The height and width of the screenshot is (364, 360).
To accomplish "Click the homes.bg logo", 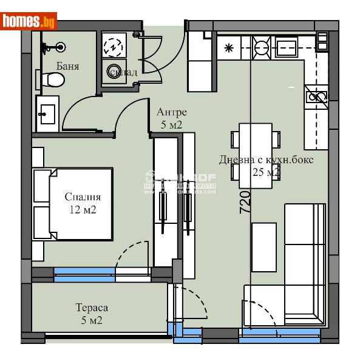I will click(x=29, y=21).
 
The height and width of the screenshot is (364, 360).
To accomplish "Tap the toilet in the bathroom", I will click(x=55, y=79).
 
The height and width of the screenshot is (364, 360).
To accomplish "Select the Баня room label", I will click(x=67, y=66).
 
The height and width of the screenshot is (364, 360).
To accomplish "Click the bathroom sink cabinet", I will click(x=47, y=113).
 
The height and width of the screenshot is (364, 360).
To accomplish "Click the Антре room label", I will click(x=171, y=112).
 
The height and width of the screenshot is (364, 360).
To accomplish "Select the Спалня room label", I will click(x=83, y=197).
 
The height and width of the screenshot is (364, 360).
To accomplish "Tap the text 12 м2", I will click(x=83, y=210).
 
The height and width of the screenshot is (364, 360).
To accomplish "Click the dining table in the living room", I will click(x=255, y=156).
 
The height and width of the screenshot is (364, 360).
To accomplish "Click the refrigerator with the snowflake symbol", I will click(x=229, y=47).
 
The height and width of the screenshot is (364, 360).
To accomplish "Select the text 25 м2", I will click(x=265, y=172).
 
